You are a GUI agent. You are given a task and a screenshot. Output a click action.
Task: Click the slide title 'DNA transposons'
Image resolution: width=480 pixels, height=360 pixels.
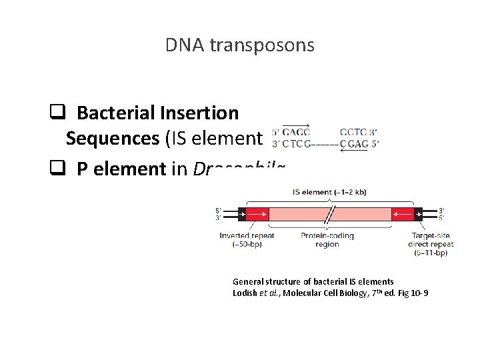point(239,45)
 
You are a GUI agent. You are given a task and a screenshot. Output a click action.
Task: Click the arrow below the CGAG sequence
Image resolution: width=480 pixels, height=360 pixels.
point(353,150)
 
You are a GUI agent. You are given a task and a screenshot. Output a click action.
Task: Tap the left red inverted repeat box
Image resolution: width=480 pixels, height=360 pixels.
point(258,214)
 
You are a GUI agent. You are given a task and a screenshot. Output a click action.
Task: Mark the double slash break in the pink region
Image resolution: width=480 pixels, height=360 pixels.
point(329,214)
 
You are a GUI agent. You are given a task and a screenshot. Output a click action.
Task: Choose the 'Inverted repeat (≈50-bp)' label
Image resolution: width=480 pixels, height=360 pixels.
point(243,239)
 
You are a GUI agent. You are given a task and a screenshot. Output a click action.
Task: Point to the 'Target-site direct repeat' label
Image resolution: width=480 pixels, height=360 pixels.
point(431,239)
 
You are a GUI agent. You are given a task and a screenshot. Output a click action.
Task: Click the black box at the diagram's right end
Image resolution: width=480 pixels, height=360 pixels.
point(418,214)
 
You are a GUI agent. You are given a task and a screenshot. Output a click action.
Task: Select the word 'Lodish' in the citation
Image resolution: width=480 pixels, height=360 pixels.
point(245,293)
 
